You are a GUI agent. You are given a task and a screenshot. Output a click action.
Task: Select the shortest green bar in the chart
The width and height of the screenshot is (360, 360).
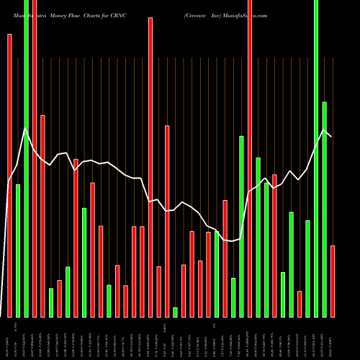[175, 312]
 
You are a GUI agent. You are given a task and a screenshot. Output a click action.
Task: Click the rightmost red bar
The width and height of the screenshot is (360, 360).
[333, 281]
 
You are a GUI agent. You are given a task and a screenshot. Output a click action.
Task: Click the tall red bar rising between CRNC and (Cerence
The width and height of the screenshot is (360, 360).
[150, 166]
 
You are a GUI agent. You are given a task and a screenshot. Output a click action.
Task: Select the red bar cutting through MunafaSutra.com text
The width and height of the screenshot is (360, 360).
[250, 158]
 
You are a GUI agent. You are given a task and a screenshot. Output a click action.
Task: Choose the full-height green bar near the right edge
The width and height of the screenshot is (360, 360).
[316, 158]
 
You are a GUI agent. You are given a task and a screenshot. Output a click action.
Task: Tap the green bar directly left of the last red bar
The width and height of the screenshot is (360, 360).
[324, 209]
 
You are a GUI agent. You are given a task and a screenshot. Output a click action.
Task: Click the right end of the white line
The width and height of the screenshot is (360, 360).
[331, 136]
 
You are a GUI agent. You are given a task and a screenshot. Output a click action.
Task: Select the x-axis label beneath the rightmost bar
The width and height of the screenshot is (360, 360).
[333, 338]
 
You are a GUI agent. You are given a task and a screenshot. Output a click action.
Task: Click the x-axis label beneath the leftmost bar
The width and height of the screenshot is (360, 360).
[9, 338]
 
